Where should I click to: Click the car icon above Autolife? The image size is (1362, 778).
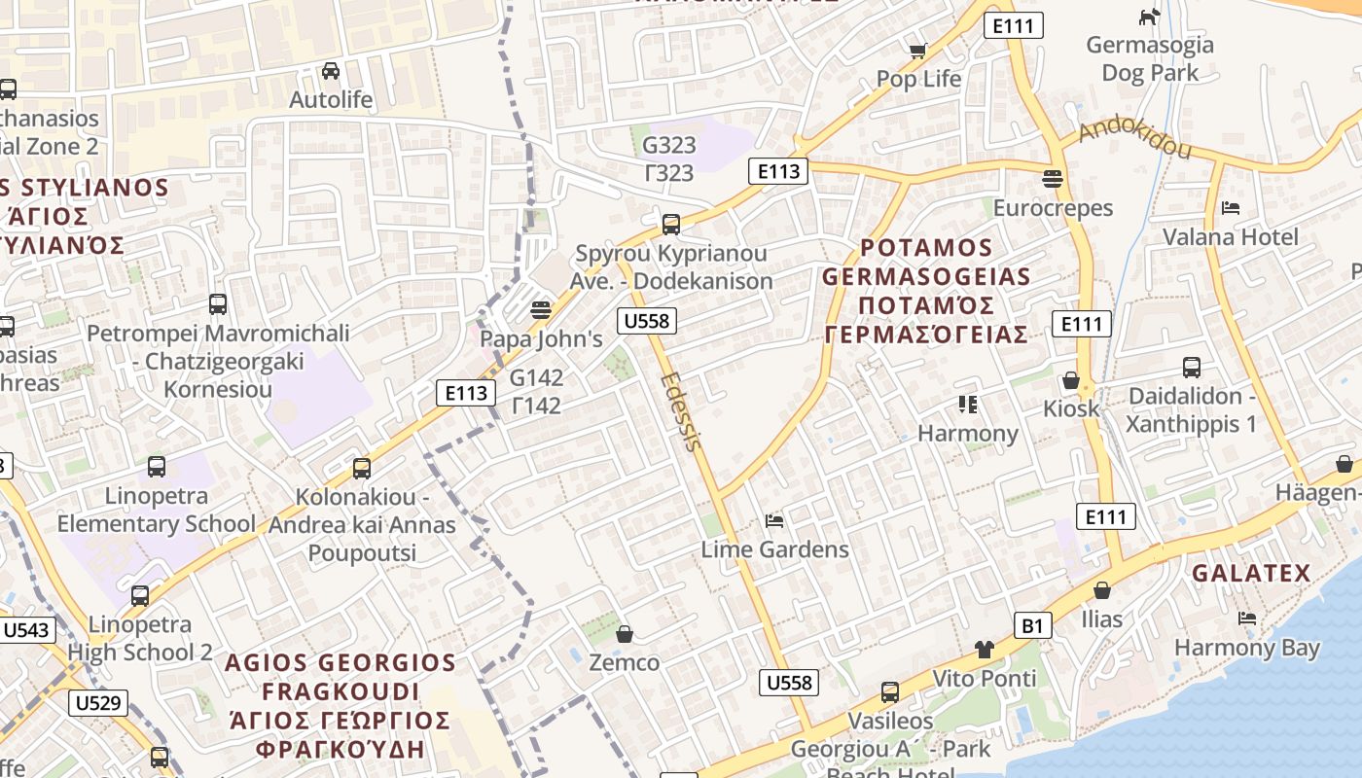pyautogui.click(x=331, y=71)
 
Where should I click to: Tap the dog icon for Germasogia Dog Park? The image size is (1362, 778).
pyautogui.click(x=1150, y=17)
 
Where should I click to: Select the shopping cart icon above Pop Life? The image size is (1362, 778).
pyautogui.click(x=917, y=51)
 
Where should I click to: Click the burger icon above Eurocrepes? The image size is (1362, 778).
pyautogui.click(x=1052, y=179)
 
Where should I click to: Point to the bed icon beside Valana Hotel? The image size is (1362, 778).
pyautogui.click(x=1231, y=208)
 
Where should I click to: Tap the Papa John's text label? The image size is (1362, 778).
pyautogui.click(x=541, y=339)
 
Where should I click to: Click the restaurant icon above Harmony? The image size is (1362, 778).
pyautogui.click(x=967, y=404)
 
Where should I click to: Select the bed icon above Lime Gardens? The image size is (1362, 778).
pyautogui.click(x=774, y=521)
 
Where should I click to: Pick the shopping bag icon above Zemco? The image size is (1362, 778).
pyautogui.click(x=625, y=634)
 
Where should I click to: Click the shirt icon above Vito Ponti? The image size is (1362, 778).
pyautogui.click(x=985, y=649)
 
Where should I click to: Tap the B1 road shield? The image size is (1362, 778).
pyautogui.click(x=1033, y=625)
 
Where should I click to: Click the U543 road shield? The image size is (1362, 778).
pyautogui.click(x=26, y=630)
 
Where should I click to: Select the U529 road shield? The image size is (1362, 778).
pyautogui.click(x=98, y=702)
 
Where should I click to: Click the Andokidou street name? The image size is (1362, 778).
pyautogui.click(x=1134, y=138)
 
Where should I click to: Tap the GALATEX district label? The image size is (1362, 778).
pyautogui.click(x=1251, y=573)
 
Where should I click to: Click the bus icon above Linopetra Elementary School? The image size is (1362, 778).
pyautogui.click(x=157, y=467)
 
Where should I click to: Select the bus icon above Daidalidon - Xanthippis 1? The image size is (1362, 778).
pyautogui.click(x=1192, y=368)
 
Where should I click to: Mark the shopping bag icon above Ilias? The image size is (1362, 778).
pyautogui.click(x=1101, y=590)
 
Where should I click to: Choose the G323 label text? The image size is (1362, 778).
pyautogui.click(x=669, y=145)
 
